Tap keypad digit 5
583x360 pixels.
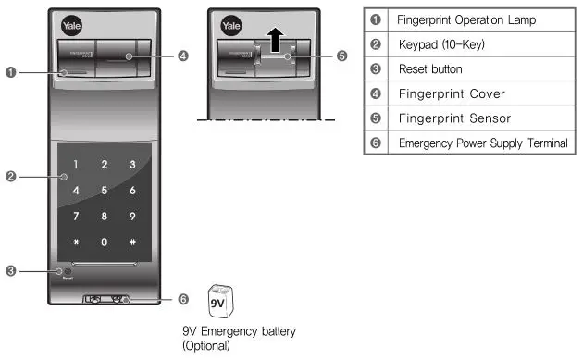pos(105,191)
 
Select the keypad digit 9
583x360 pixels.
pos(133,217)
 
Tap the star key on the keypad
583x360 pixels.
pos(76,242)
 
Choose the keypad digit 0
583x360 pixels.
pos(105,242)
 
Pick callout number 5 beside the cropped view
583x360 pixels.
pos(342,56)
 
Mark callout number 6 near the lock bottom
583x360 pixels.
pos(183,299)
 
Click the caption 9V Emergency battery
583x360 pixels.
pos(239,331)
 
